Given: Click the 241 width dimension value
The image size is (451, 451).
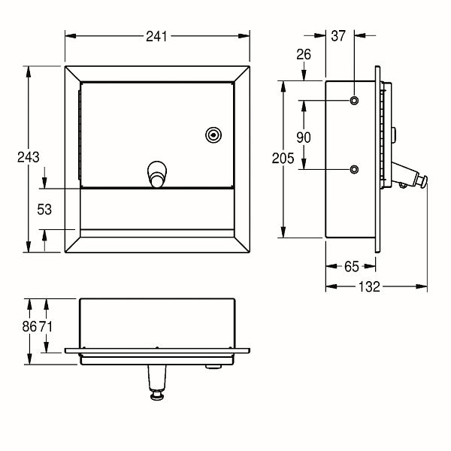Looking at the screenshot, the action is [156, 37].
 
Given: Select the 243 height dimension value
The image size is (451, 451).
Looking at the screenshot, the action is [29, 157].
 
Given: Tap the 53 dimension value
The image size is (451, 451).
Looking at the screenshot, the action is [44, 210].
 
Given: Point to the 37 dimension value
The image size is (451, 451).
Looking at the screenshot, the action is [338, 36].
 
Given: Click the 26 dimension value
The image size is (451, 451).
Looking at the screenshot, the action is [304, 54].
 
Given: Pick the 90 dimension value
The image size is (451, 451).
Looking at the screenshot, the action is [304, 138].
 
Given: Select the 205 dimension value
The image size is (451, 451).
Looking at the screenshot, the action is [283, 159].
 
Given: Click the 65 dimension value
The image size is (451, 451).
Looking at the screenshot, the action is [352, 267].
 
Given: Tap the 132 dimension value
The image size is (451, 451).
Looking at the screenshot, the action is [369, 287].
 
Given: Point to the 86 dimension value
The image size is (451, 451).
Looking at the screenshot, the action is [29, 326].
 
